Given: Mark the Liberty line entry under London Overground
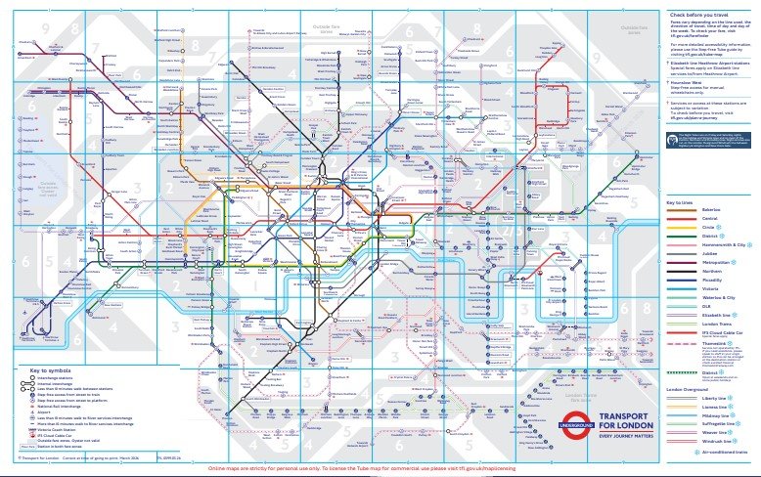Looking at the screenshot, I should pos(684,399).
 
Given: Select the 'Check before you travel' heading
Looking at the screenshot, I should pos(701,15).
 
